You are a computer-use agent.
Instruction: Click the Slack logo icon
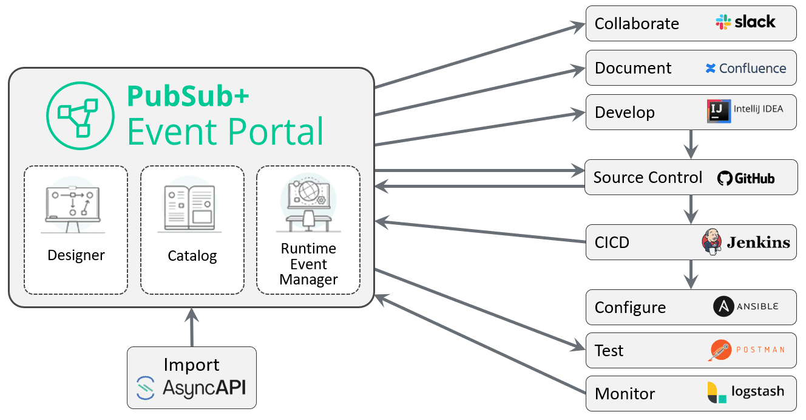pyautogui.click(x=723, y=22)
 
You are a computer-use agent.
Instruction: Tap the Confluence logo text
pyautogui.click(x=753, y=68)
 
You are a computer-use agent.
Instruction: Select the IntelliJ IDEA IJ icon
pyautogui.click(x=719, y=111)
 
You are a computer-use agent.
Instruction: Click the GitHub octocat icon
pyautogui.click(x=725, y=178)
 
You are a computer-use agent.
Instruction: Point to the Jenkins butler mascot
pyautogui.click(x=711, y=241)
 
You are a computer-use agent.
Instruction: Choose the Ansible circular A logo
pyautogui.click(x=723, y=306)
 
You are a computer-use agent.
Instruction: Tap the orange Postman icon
pyautogui.click(x=720, y=349)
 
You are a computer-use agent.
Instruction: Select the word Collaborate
pyautogui.click(x=637, y=24)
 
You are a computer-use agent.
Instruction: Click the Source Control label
pyautogui.click(x=648, y=177)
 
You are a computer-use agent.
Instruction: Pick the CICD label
pyautogui.click(x=612, y=243)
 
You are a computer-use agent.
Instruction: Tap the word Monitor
pyautogui.click(x=625, y=394)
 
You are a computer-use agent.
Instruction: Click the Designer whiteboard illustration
pyautogui.click(x=73, y=205)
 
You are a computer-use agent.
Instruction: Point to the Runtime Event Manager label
pyautogui.click(x=308, y=264)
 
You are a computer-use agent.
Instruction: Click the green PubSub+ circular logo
pyautogui.click(x=80, y=115)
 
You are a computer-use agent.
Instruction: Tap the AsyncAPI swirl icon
pyautogui.click(x=146, y=388)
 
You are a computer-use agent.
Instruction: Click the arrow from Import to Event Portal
pyautogui.click(x=192, y=327)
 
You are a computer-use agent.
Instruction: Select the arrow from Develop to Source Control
pyautogui.click(x=691, y=145)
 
